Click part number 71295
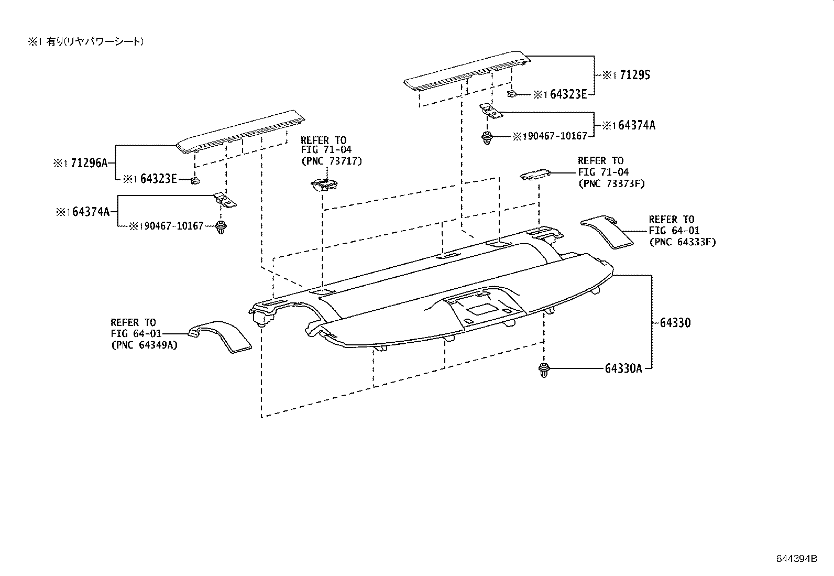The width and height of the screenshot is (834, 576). pos(634,75)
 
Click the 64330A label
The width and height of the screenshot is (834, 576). pos(623,368)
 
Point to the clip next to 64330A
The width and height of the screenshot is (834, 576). pos(543,369)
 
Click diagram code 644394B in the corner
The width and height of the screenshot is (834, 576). pos(796,558)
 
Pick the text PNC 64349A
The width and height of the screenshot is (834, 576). pos(144,345)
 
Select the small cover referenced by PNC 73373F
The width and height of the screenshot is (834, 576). pos(535,175)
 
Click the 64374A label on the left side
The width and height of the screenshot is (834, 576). pos(91,212)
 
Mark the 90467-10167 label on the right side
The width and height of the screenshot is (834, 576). pos(557,136)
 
